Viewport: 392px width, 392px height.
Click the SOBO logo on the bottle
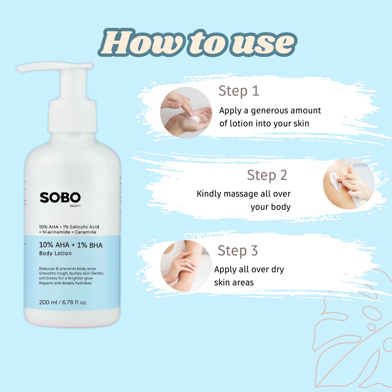click(60, 197)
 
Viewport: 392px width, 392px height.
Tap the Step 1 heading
click(239, 91)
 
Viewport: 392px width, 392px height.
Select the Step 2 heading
click(267, 175)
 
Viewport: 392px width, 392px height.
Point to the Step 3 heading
click(238, 251)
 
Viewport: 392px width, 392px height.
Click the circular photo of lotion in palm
click(186, 113)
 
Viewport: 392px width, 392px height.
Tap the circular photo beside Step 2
click(349, 183)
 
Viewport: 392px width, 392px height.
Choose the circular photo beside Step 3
click(186, 266)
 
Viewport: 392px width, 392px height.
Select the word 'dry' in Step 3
click(278, 270)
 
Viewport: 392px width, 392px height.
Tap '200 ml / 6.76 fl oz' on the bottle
click(62, 302)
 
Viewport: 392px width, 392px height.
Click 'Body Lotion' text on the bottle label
click(55, 253)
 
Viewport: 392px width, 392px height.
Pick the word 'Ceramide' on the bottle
click(85, 232)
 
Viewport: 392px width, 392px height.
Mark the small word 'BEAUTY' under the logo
click(75, 206)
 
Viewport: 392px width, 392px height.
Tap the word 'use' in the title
click(263, 43)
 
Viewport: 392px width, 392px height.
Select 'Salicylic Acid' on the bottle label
click(84, 227)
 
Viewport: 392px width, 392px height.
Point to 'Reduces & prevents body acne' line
click(67, 269)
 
